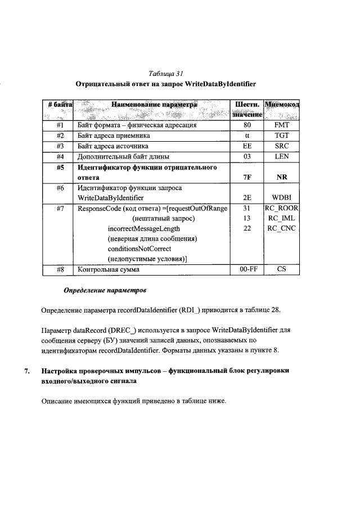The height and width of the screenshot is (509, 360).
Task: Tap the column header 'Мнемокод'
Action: [x=282, y=105]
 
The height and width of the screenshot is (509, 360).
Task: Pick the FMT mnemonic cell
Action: [x=282, y=126]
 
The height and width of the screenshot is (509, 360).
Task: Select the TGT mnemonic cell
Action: [x=282, y=136]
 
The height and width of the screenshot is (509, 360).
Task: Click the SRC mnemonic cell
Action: [x=282, y=146]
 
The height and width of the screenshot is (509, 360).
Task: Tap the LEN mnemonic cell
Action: [x=282, y=156]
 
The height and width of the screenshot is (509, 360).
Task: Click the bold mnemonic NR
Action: [x=282, y=177]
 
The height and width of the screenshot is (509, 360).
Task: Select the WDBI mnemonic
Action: [x=282, y=198]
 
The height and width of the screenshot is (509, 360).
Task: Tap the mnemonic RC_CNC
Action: [x=282, y=228]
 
